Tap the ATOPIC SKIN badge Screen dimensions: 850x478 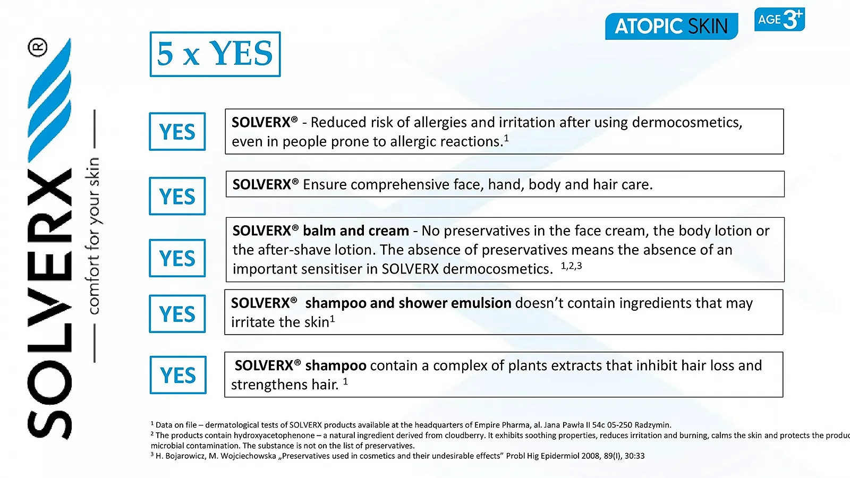point(671,26)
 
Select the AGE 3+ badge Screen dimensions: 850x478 point(779,19)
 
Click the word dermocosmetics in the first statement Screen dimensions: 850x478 point(686,122)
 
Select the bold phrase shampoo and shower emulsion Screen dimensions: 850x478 point(409,303)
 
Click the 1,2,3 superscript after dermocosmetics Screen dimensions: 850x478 point(571,266)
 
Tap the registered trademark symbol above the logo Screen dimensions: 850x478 point(38,47)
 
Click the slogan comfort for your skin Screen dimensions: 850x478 point(92,236)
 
